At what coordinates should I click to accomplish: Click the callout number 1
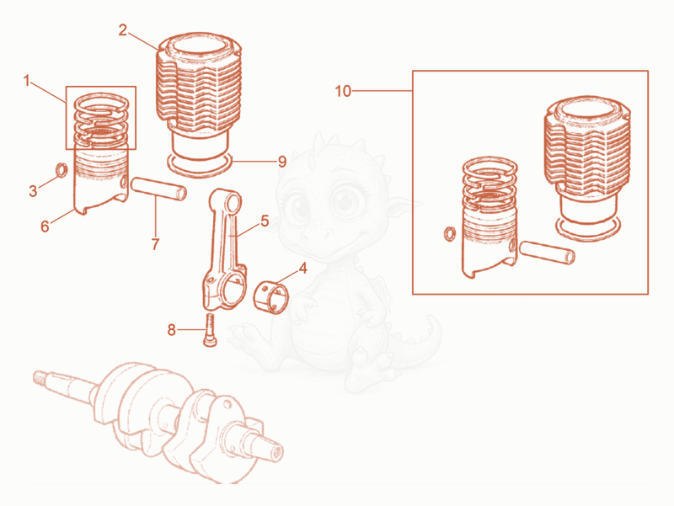[x=27, y=81]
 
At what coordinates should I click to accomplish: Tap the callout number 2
[x=123, y=30]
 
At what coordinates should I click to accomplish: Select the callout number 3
[x=33, y=191]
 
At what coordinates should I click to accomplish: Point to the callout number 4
[x=303, y=269]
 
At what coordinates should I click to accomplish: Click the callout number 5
[x=265, y=221]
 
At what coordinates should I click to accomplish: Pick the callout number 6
[x=45, y=226]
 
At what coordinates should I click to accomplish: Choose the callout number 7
[x=155, y=244]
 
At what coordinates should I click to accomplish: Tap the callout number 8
[x=172, y=330]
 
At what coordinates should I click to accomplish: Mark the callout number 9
[x=282, y=162]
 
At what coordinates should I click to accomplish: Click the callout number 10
[x=343, y=92]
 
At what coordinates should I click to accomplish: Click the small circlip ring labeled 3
[x=62, y=170]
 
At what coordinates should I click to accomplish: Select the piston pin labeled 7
[x=158, y=189]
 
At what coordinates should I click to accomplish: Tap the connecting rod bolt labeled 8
[x=210, y=330]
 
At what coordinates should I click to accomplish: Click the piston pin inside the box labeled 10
[x=547, y=252]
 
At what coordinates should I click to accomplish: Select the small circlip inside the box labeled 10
[x=449, y=234]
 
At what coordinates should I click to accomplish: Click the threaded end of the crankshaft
[x=40, y=377]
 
